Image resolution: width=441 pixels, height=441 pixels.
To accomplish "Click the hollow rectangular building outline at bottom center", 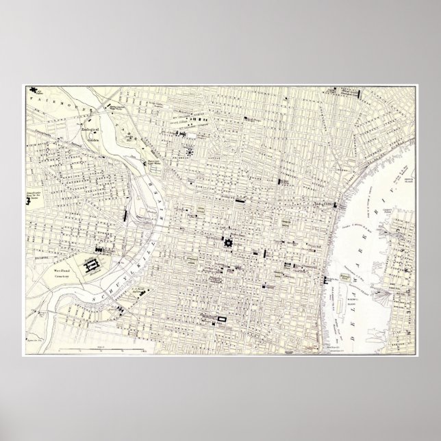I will [x=222, y=320].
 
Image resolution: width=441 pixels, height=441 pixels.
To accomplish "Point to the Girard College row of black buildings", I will [x=199, y=120].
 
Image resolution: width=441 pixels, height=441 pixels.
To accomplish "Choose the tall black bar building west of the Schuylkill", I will [x=123, y=214].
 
